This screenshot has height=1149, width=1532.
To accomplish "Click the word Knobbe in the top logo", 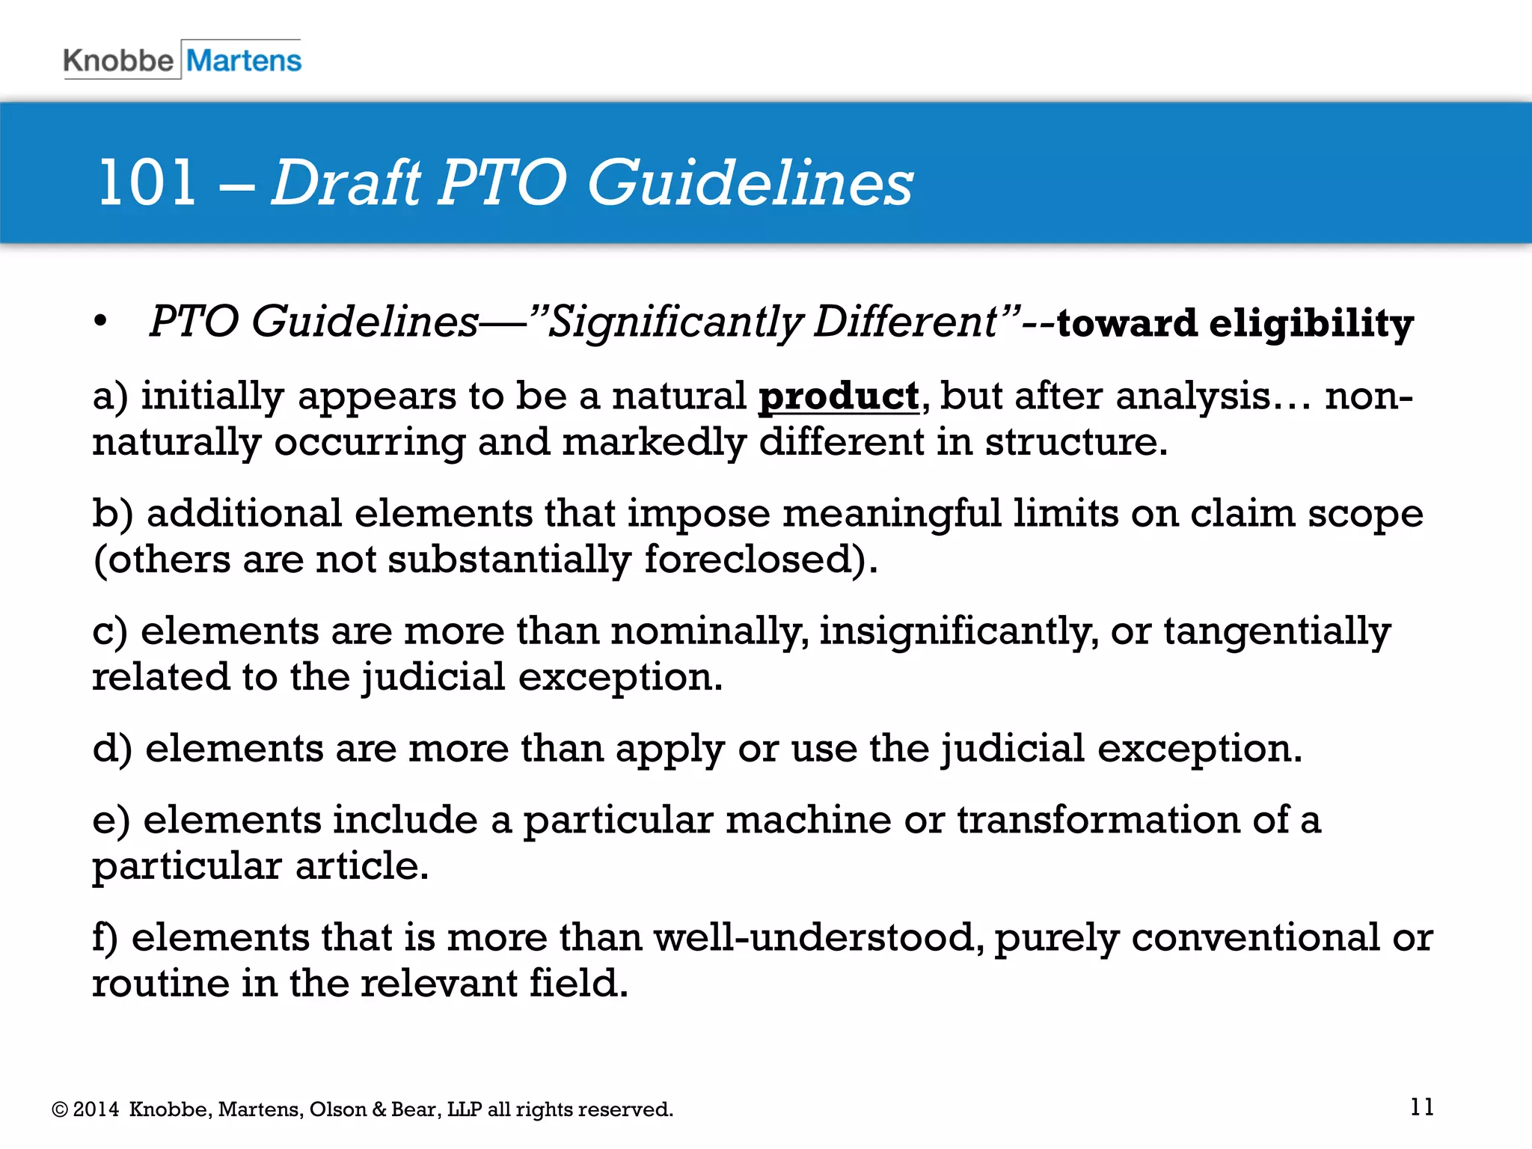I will pos(118,60).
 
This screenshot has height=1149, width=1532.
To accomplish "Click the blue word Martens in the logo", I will pos(244,60).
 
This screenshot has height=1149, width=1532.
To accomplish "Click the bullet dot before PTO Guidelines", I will pos(100,322).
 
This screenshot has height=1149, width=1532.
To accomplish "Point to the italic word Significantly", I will pos(675,322).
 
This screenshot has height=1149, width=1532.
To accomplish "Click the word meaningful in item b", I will pos(891,513).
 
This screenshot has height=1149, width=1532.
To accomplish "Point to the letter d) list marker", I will pos(112,748).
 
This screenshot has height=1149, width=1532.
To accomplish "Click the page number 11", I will pos(1421,1106).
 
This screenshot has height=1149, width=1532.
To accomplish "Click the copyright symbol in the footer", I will pos(59,1109).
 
